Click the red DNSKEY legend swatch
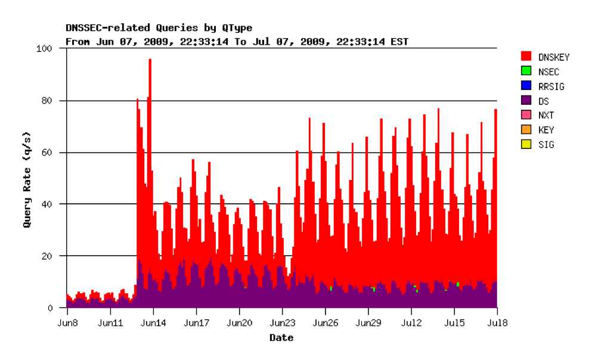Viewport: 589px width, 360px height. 526,57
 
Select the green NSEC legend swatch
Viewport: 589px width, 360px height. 526,72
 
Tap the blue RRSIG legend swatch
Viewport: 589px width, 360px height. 526,86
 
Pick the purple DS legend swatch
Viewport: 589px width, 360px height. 526,101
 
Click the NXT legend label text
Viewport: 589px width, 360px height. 545,116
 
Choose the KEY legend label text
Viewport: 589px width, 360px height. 545,130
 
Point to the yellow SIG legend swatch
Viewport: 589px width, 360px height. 526,144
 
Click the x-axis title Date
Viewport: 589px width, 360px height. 281,338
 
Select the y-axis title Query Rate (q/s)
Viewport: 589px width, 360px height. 27,179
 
